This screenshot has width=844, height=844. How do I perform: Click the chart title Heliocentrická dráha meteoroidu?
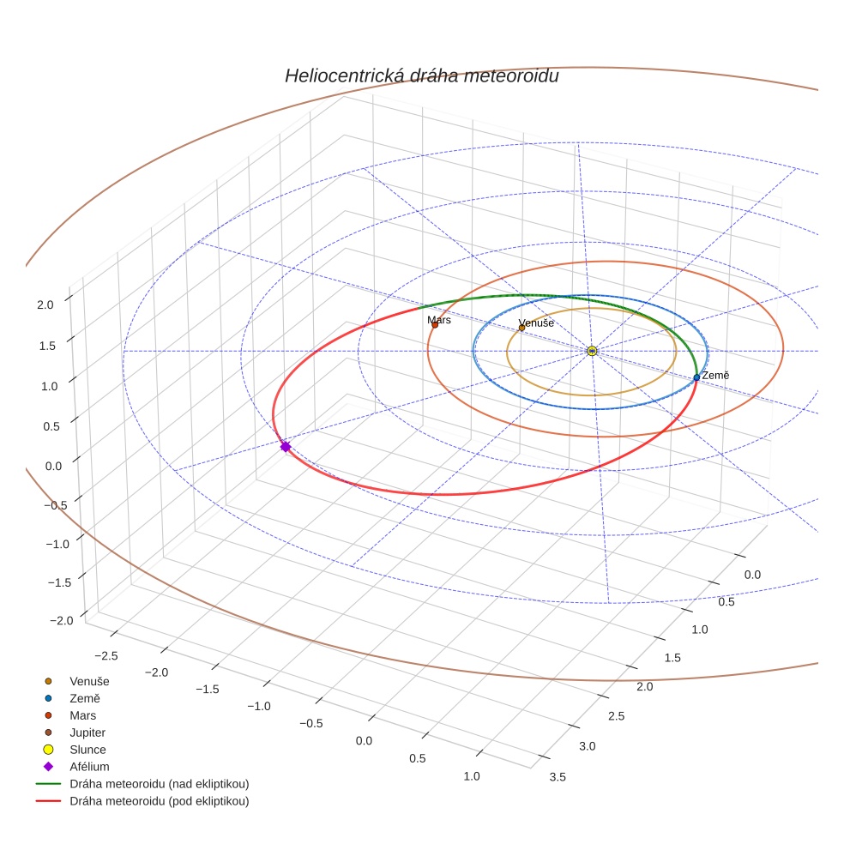(x=421, y=76)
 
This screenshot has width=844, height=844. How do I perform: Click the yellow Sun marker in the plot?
(x=592, y=351)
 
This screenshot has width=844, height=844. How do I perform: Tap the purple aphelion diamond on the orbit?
(x=286, y=446)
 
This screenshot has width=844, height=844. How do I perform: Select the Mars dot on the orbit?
(x=435, y=324)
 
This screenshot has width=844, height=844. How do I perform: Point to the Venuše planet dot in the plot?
(x=521, y=328)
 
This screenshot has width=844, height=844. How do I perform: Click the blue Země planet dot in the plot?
(x=696, y=377)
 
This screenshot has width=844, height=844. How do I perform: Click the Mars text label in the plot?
(x=439, y=319)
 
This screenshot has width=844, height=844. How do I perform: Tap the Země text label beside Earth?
(x=715, y=376)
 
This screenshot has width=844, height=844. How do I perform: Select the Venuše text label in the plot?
(x=536, y=323)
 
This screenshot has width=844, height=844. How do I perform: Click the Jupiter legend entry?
(x=87, y=732)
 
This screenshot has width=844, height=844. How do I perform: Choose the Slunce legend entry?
(x=87, y=750)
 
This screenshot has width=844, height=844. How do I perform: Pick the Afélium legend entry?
(x=89, y=767)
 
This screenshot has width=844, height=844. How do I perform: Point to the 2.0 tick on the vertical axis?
(x=45, y=304)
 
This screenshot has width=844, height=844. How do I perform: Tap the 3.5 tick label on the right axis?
(x=558, y=777)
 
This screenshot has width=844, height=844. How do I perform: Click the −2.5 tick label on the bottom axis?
(x=106, y=655)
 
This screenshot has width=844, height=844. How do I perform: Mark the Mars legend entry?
(x=82, y=715)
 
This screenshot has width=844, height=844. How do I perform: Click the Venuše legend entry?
(x=89, y=681)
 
